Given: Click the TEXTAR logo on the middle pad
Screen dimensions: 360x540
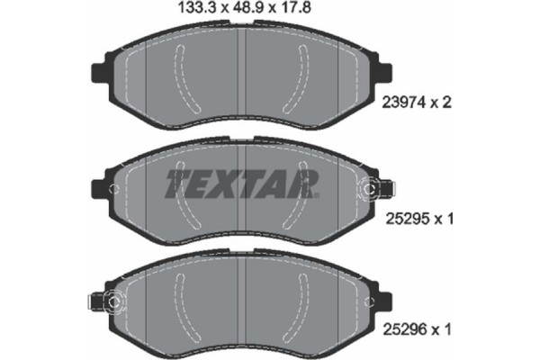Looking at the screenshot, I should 241,184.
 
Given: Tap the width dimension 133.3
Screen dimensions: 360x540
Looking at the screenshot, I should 189,12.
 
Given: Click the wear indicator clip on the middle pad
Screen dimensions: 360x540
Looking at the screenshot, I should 373,189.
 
